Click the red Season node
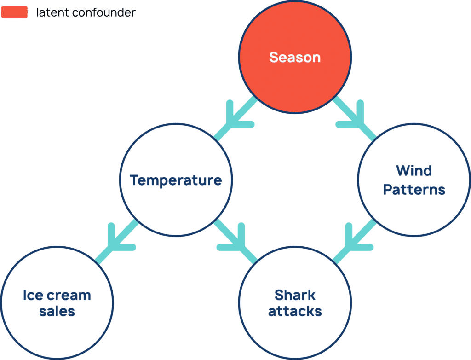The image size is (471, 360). click(x=295, y=57)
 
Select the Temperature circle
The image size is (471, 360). click(x=176, y=180)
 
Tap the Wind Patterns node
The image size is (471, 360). click(x=414, y=180)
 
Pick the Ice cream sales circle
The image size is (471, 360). click(x=57, y=303)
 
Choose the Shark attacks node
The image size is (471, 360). click(x=295, y=303)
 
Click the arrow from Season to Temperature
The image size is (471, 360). click(x=235, y=118)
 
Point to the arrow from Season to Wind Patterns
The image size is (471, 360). click(x=355, y=118)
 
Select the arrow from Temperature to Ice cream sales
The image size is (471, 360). click(x=116, y=241)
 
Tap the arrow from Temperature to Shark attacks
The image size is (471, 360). click(x=235, y=241)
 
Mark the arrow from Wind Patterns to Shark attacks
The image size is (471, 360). click(x=355, y=241)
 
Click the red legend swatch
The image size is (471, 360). click(x=14, y=12)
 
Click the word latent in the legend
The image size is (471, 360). click(x=52, y=12)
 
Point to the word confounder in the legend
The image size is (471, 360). click(x=104, y=12)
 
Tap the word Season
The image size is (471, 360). click(x=295, y=57)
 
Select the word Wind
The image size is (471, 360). click(x=414, y=170)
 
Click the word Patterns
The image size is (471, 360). click(x=414, y=190)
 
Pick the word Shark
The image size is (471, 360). click(x=295, y=295)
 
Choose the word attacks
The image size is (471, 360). click(x=295, y=311)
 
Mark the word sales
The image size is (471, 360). click(x=57, y=311)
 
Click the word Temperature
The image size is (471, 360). click(x=176, y=180)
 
